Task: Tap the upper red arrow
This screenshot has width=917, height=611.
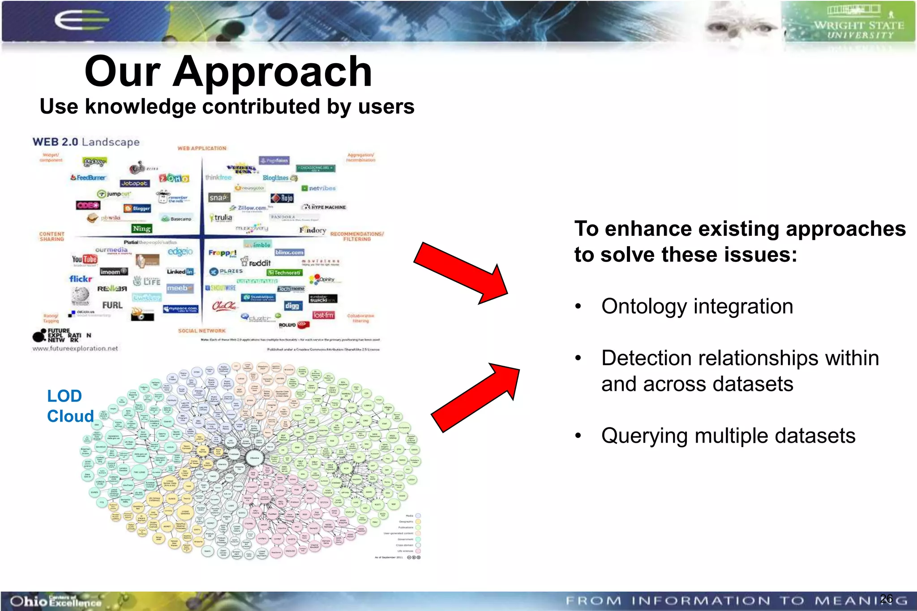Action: click(461, 273)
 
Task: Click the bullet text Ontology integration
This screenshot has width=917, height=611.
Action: click(697, 307)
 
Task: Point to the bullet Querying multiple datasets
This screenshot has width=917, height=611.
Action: click(728, 436)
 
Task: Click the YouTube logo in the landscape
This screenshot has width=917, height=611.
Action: click(84, 259)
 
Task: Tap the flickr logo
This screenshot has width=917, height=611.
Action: click(81, 279)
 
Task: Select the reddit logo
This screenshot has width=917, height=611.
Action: click(257, 263)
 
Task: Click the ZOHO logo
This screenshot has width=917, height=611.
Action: click(175, 179)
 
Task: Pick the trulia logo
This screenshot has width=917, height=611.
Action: click(221, 218)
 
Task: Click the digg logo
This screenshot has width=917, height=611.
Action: click(292, 306)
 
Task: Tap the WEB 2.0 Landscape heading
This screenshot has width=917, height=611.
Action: click(86, 142)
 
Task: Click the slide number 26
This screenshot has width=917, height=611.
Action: click(886, 598)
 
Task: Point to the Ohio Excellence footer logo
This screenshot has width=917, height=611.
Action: click(56, 601)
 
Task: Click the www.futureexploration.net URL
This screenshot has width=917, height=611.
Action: click(75, 348)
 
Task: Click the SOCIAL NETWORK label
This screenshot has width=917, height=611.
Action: click(201, 331)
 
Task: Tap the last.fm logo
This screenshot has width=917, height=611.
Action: click(323, 316)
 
